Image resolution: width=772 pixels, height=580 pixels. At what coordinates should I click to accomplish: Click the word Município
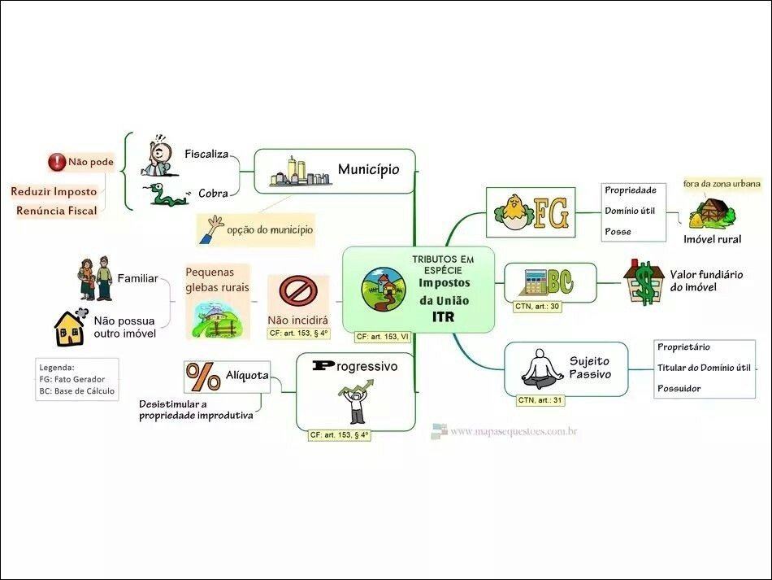point(368,169)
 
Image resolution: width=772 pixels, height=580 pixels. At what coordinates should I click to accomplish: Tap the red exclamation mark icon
point(56,162)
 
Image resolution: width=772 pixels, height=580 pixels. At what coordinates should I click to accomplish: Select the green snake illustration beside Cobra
point(167,194)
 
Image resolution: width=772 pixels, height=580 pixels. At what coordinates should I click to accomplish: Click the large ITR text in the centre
point(444,316)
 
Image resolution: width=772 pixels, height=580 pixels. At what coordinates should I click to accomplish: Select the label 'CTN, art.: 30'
point(536,307)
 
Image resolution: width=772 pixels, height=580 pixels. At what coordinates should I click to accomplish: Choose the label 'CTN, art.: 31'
point(541,399)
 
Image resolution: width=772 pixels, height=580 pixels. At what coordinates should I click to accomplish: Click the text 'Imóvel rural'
point(712,239)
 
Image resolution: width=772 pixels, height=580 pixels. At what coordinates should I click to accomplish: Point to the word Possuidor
point(679,388)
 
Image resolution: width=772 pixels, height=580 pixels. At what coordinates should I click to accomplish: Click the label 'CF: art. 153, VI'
point(382,336)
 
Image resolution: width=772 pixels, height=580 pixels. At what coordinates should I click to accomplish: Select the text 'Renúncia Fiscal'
point(56,211)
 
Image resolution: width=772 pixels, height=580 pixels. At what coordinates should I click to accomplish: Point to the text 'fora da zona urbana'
point(722,184)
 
